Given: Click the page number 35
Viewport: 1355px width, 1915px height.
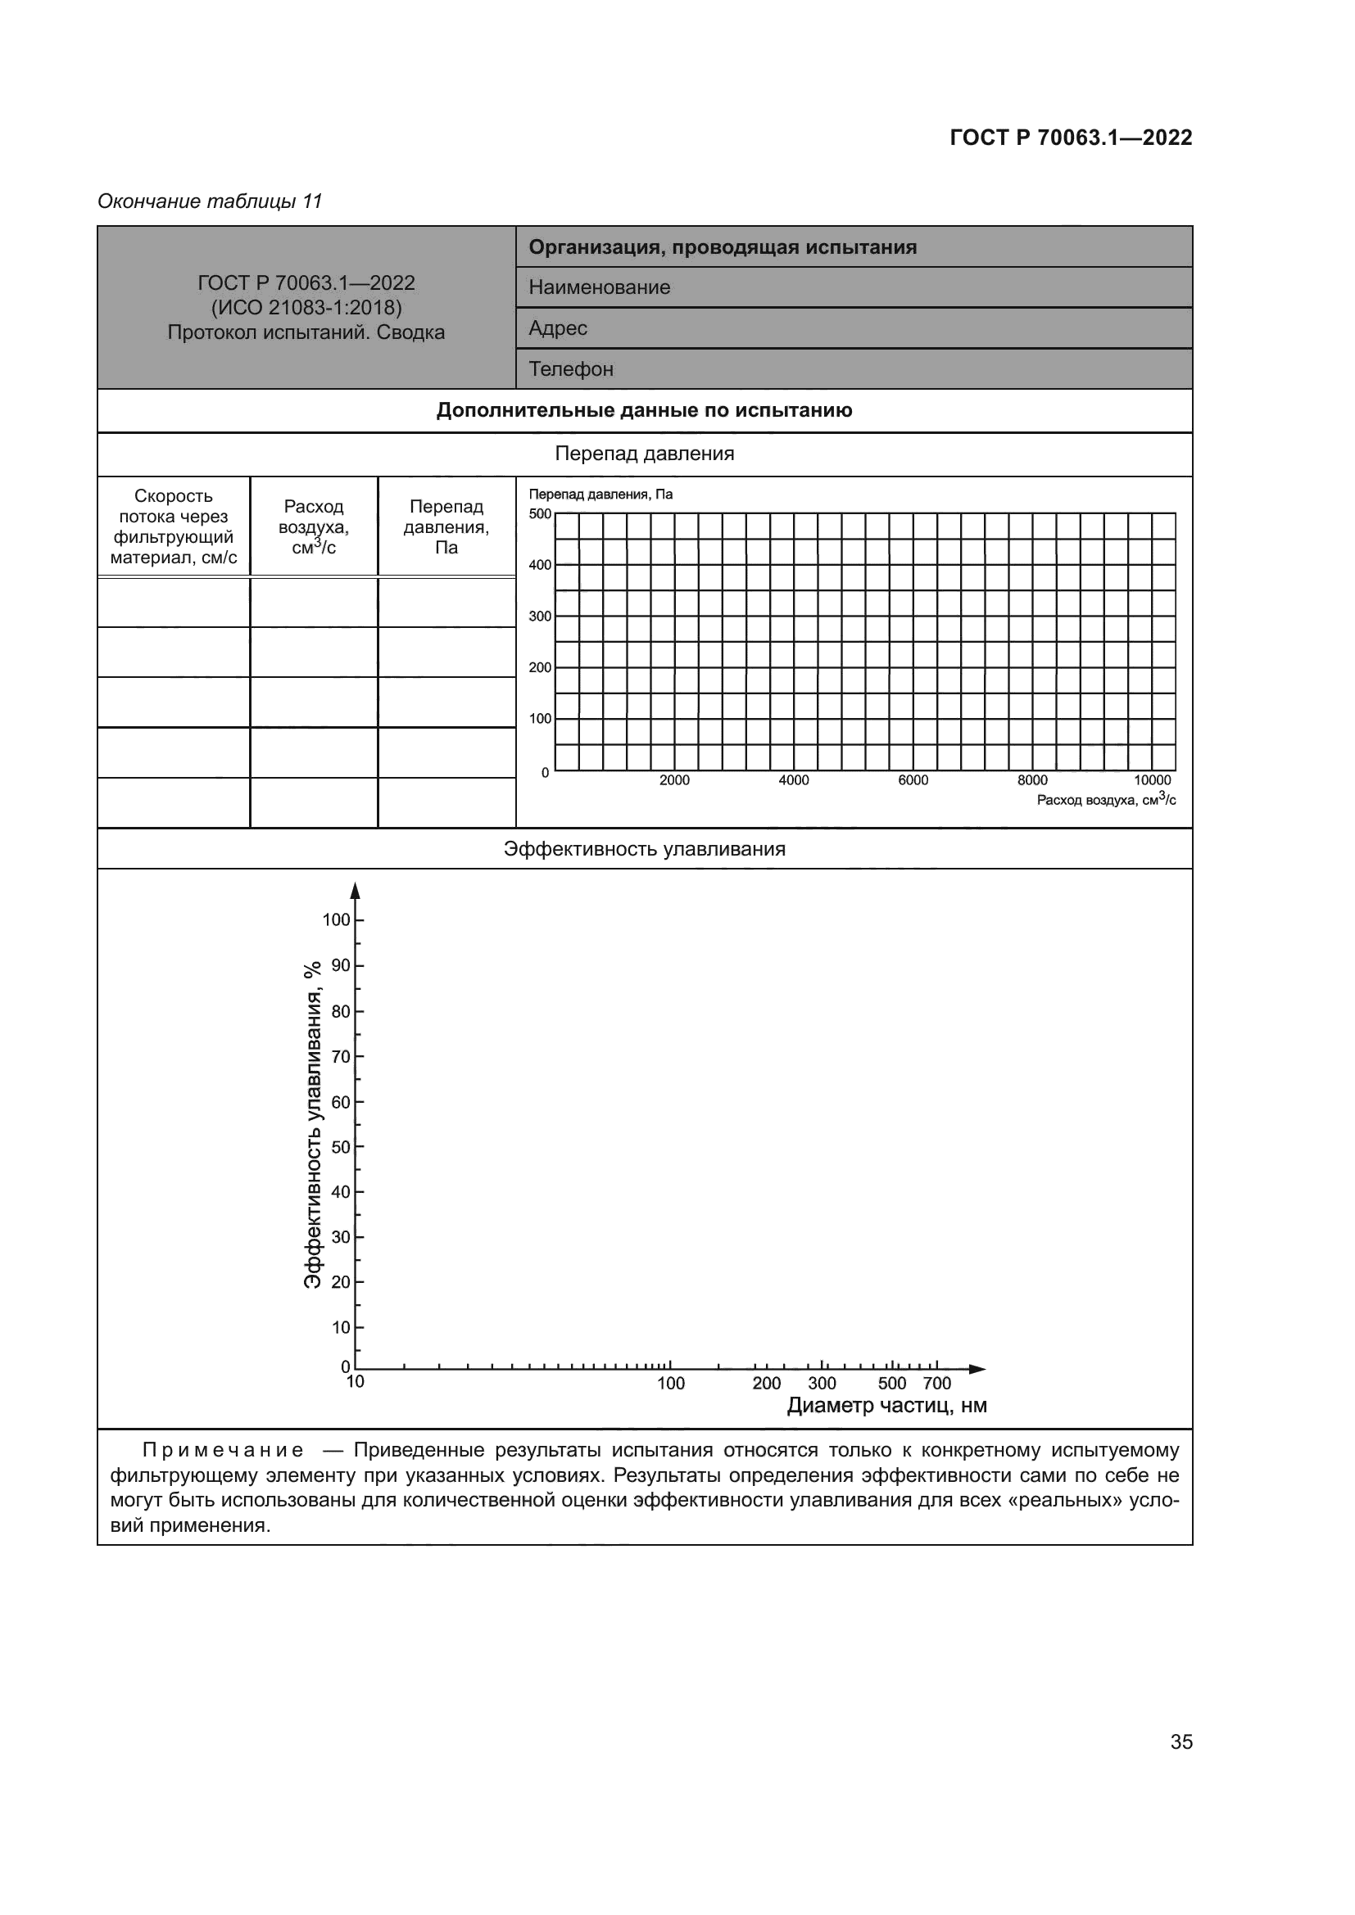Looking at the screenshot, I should point(1181,1741).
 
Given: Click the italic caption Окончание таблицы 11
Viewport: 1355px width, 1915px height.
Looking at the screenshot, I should point(210,201).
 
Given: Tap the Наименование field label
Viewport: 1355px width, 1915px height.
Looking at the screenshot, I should point(599,287).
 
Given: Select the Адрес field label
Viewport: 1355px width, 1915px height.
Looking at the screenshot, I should point(557,328).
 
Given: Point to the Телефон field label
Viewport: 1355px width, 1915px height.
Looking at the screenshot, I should point(571,369).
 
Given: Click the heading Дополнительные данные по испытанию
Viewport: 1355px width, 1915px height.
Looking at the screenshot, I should point(644,410).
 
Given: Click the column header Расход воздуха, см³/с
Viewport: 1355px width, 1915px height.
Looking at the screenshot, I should point(314,526).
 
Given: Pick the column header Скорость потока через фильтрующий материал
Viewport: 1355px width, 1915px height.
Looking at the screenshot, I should point(174,526).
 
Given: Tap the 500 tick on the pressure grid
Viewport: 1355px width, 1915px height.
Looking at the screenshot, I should point(540,514).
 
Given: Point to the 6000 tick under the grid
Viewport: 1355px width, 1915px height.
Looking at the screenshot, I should point(913,780).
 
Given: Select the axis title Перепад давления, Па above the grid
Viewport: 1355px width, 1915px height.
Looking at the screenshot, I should point(600,495).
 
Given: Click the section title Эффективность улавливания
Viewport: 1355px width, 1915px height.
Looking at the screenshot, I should point(644,849).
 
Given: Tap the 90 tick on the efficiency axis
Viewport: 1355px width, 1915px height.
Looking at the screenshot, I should point(341,966).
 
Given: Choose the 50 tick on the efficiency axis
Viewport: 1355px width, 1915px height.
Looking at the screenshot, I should point(341,1147).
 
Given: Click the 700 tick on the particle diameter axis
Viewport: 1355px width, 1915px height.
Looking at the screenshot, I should point(937,1384).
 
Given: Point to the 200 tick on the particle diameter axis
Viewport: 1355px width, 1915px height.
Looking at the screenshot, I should point(766,1384).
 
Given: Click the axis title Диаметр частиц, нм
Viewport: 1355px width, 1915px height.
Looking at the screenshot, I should point(887,1407).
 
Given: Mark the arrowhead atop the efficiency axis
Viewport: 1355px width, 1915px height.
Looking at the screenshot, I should point(356,891).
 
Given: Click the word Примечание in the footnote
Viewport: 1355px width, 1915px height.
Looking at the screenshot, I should point(223,1451).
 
